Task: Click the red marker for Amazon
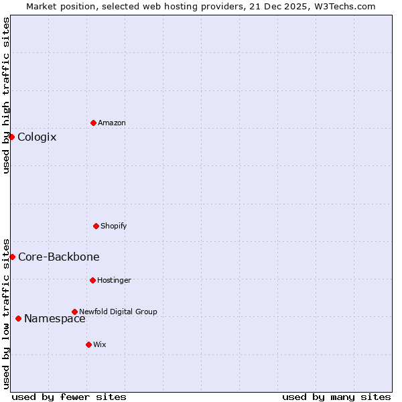coord(93,123)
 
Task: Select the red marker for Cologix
coord(11,137)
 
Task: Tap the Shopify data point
coord(96,226)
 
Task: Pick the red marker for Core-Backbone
coord(12,257)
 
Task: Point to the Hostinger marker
coord(92,280)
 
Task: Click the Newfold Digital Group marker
coord(74,312)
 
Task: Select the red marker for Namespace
coord(18,318)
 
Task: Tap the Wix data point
coord(88,344)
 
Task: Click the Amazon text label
coord(112,123)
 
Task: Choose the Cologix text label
coord(37,137)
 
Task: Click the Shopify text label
coord(114,226)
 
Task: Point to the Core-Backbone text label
coord(59,257)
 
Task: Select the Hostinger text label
coord(115,280)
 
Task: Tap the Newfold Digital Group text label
coord(119,312)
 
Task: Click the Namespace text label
coord(55,319)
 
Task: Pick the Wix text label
coord(100,344)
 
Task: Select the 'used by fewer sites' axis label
coord(69,397)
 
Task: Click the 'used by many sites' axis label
coord(336,397)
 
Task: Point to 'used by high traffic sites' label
coord(6,95)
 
